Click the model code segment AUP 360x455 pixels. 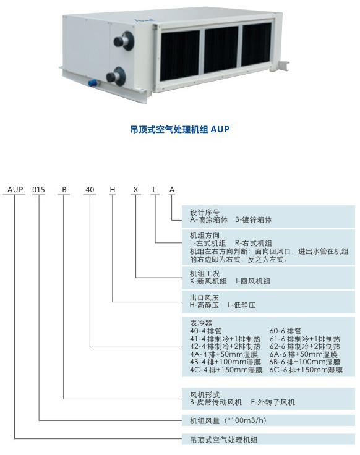[x=15, y=190]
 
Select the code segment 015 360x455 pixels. [x=38, y=190]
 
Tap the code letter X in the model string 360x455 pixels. [x=135, y=190]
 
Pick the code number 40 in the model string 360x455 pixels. [x=90, y=190]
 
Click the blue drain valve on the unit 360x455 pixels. [x=93, y=83]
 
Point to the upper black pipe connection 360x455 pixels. [x=124, y=41]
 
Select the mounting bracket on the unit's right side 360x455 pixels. [x=283, y=66]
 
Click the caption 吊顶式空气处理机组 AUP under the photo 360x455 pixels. [x=180, y=129]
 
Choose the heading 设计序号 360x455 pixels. [x=205, y=213]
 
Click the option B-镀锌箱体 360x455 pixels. [x=254, y=220]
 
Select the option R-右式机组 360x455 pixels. [x=254, y=243]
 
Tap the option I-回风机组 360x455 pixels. [x=253, y=281]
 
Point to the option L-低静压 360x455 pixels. [x=242, y=305]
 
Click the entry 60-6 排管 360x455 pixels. [x=285, y=331]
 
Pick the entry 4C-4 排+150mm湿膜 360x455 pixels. [x=226, y=370]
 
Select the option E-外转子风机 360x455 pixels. [x=273, y=402]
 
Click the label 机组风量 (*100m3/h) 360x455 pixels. [x=228, y=420]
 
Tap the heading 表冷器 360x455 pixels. [x=201, y=323]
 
